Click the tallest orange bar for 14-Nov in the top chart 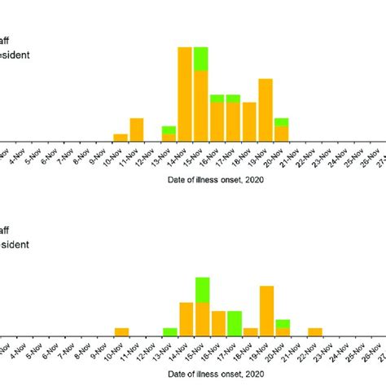pos(186,94)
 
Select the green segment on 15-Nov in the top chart pos(201,59)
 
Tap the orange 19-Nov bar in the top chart pos(265,110)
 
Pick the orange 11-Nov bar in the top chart pos(137,129)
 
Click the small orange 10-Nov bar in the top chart pos(121,137)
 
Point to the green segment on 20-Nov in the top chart pos(281,122)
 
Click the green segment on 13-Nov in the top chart pos(169,129)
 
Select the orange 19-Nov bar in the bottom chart pos(265,310)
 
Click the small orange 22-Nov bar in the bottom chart pos(314,331)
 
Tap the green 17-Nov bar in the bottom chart pos(234,322)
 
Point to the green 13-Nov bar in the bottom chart pos(169,331)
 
